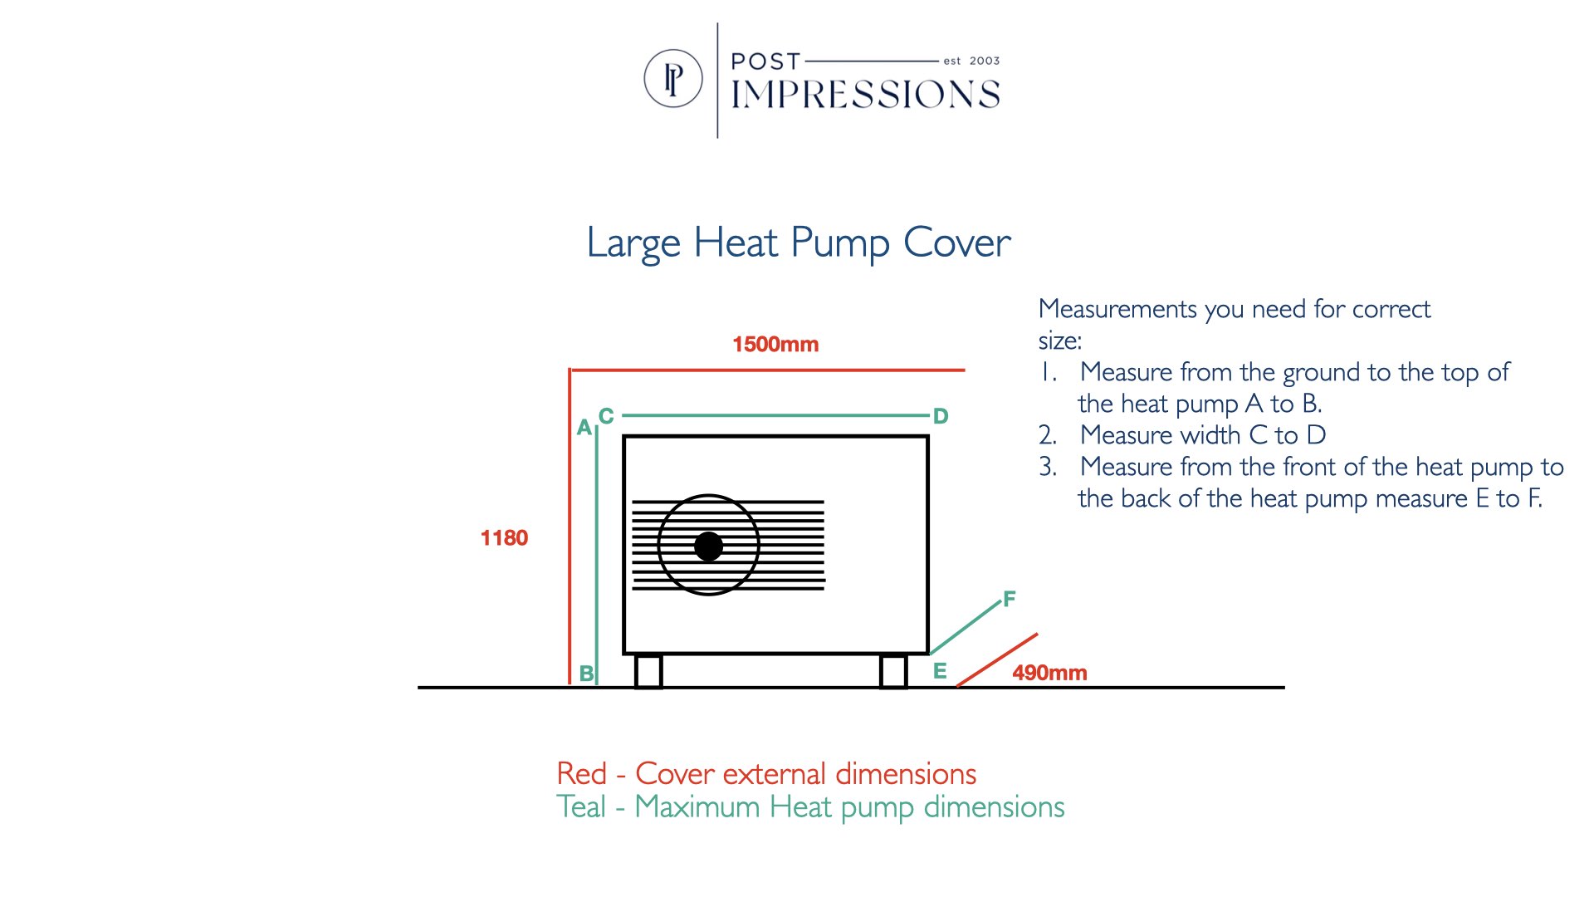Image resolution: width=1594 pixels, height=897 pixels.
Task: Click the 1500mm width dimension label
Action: click(x=775, y=344)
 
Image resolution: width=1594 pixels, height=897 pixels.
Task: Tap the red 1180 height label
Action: click(x=504, y=538)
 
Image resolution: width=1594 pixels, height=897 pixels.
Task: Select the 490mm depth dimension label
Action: click(x=1049, y=673)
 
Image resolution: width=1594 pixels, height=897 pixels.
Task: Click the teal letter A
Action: click(x=584, y=428)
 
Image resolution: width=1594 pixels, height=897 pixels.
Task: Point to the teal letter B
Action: click(x=586, y=674)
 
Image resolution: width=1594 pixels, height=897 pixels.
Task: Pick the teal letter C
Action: click(x=606, y=416)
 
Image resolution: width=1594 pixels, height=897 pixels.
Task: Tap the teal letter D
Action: click(x=941, y=416)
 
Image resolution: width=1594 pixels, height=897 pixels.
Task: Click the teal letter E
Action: click(x=940, y=671)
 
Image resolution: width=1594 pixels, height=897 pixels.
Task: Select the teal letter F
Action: click(x=1010, y=599)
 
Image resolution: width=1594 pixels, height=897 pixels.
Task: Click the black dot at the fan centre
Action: click(x=708, y=547)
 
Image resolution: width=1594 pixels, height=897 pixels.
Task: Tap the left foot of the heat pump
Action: click(x=648, y=671)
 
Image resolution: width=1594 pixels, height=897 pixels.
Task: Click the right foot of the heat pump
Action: click(x=893, y=671)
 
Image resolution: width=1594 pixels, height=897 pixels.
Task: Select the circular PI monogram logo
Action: click(x=673, y=79)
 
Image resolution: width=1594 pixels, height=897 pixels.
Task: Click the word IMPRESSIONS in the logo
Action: click(x=865, y=95)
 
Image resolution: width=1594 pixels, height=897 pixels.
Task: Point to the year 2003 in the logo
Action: click(x=985, y=61)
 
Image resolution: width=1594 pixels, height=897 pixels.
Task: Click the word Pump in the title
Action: click(x=840, y=244)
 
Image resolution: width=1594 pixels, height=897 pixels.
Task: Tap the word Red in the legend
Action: click(x=582, y=774)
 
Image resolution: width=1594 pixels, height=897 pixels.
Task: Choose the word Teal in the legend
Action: click(x=581, y=806)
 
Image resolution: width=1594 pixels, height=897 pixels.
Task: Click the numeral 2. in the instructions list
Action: click(x=1048, y=435)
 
